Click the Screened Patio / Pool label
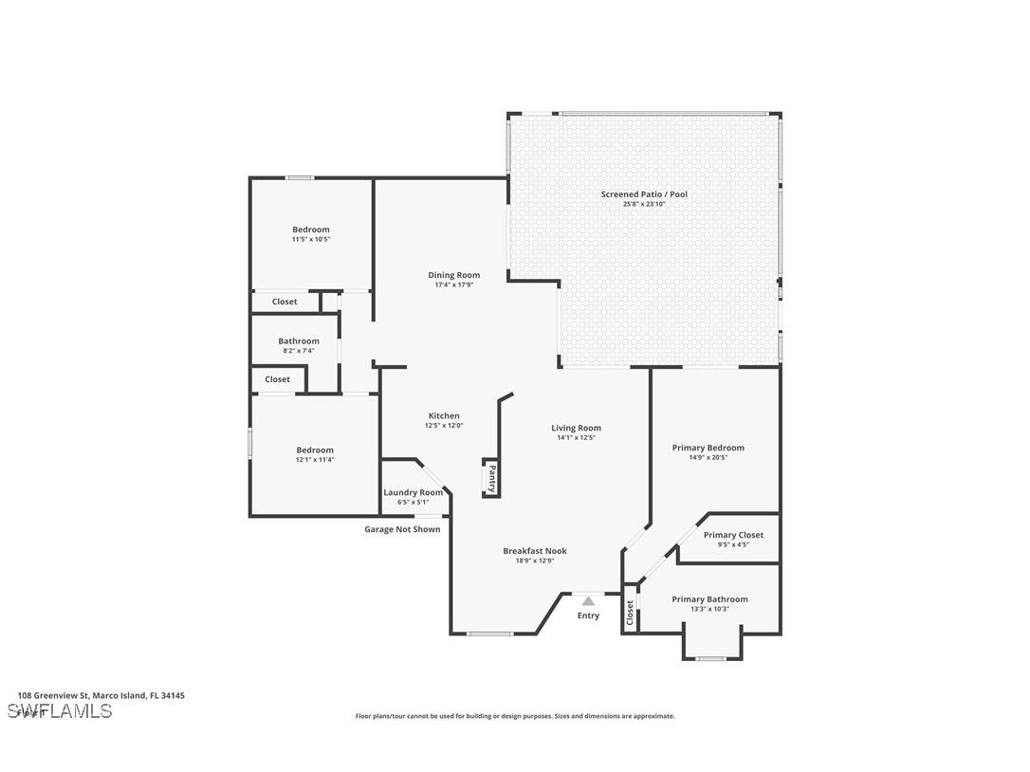coord(644,194)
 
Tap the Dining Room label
coord(453,275)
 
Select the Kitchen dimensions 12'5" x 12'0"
coord(444,426)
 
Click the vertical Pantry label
coord(491,477)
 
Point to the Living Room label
coord(576,428)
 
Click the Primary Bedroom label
coord(708,448)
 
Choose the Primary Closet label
coord(733,535)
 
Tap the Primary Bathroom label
coord(709,599)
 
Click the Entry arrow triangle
coord(588,600)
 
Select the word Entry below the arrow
coord(588,616)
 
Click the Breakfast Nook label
coord(535,551)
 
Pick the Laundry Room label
coord(413,492)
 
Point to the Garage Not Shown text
coord(402,529)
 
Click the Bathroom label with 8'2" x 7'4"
coord(299,341)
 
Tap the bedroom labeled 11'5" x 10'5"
coord(311,230)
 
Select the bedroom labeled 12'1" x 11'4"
coord(315,450)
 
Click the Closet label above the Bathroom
coord(285,302)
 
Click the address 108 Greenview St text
coord(101,695)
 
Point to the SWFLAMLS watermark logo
coord(60,711)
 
